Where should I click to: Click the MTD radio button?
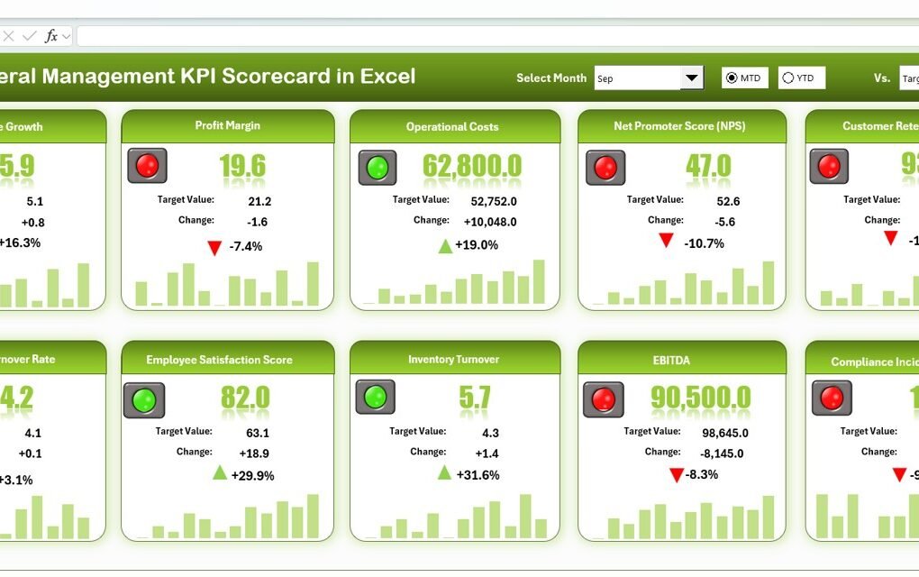[x=732, y=78]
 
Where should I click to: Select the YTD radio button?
[x=788, y=78]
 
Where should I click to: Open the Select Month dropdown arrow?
[x=691, y=78]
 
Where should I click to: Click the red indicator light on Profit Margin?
[x=147, y=165]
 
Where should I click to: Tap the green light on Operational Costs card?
[x=378, y=167]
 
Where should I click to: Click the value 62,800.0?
[x=472, y=166]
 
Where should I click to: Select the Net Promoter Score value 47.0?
[x=707, y=166]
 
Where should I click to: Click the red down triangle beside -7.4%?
[x=214, y=248]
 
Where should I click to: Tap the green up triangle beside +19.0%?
[x=445, y=245]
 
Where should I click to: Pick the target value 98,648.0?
[x=724, y=433]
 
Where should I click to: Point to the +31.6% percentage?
[x=478, y=474]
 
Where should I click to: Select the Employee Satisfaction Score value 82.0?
[x=245, y=398]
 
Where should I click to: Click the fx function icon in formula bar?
[x=51, y=36]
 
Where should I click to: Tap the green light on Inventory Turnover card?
[x=375, y=397]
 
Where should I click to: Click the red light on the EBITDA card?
[x=603, y=398]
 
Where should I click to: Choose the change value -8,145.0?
[x=723, y=453]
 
